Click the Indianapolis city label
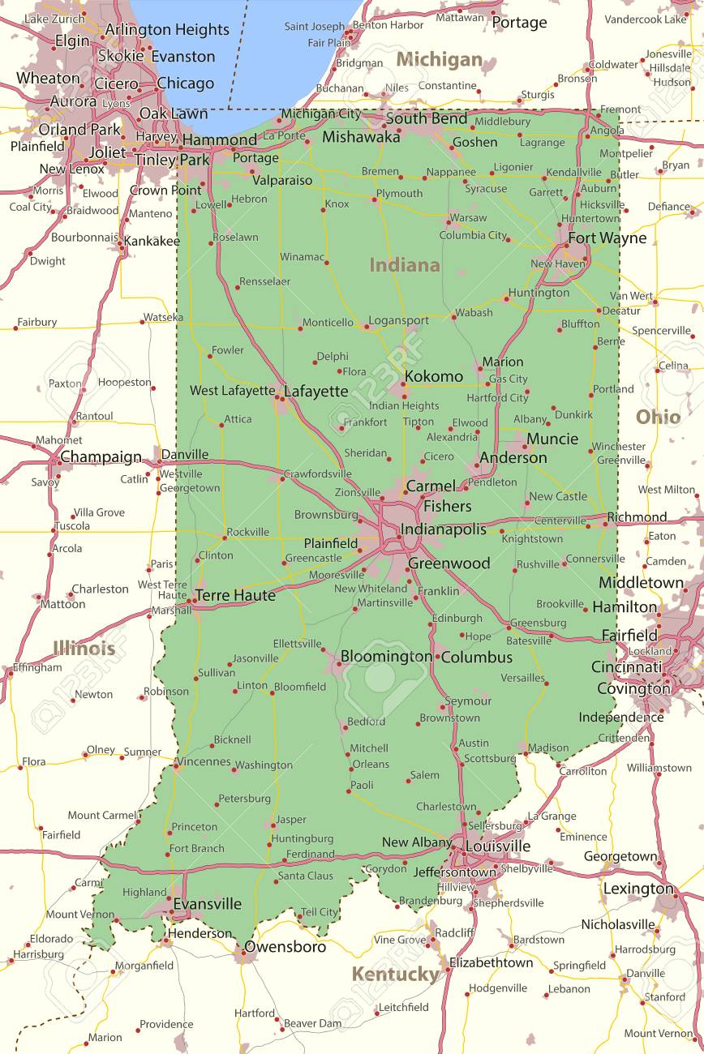(x=443, y=529)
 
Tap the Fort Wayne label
(x=607, y=238)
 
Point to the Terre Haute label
(x=235, y=596)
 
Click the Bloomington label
(x=386, y=656)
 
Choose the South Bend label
(x=427, y=118)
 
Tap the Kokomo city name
(x=434, y=376)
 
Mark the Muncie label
(x=552, y=439)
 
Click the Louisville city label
(x=497, y=846)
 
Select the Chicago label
(x=185, y=84)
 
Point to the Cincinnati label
(x=626, y=667)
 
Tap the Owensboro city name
(x=285, y=947)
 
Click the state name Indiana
(x=405, y=265)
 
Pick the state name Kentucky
(x=395, y=974)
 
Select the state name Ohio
(x=658, y=417)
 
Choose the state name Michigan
(x=439, y=60)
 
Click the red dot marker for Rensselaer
(x=238, y=287)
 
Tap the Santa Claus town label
(x=305, y=876)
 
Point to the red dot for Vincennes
(x=176, y=764)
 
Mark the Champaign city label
(x=101, y=457)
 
